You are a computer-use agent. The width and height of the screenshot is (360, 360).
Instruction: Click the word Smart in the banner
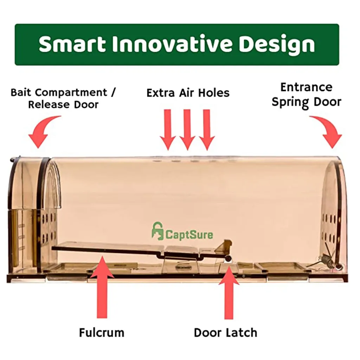pyautogui.click(x=72, y=44)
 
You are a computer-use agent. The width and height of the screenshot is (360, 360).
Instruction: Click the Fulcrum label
pyautogui.click(x=101, y=332)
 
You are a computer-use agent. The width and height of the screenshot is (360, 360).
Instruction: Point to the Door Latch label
pyautogui.click(x=225, y=332)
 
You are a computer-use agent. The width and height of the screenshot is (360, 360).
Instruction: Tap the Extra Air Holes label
pyautogui.click(x=188, y=93)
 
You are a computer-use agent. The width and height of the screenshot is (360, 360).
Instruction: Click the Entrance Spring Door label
pyautogui.click(x=306, y=95)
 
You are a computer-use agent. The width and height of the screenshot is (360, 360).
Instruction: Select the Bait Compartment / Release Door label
pyautogui.click(x=63, y=98)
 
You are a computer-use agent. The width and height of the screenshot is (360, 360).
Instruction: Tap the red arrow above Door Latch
pyautogui.click(x=229, y=292)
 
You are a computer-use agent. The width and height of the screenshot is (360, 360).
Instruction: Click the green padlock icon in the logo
pyautogui.click(x=157, y=231)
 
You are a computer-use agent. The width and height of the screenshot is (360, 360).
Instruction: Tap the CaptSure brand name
pyautogui.click(x=189, y=234)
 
